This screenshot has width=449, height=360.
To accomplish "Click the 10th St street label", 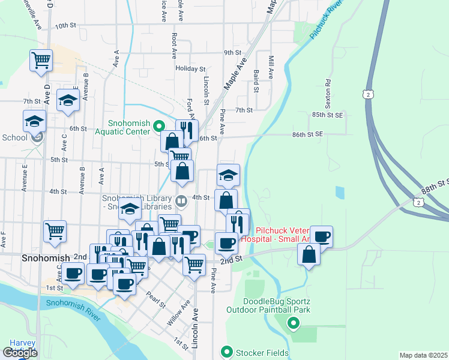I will coord(66,26).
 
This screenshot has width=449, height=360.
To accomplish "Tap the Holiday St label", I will coord(190,68).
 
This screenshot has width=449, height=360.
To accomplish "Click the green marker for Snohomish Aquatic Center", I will coord(159,126).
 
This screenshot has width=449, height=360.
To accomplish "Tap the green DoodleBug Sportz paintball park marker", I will coord(294,325).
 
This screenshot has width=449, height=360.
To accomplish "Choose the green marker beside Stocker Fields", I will coord(226,351).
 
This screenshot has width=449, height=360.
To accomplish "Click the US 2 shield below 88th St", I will coord(420,204).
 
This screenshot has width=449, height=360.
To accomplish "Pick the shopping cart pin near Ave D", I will coord(41,60).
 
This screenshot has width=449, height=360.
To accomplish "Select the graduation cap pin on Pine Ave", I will coord(228,175).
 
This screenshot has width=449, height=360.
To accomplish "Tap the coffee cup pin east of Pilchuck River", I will coord(321,236).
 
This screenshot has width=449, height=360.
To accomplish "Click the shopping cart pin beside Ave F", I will coord(55,231).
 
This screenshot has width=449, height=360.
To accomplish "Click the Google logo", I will coord(20,353).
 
